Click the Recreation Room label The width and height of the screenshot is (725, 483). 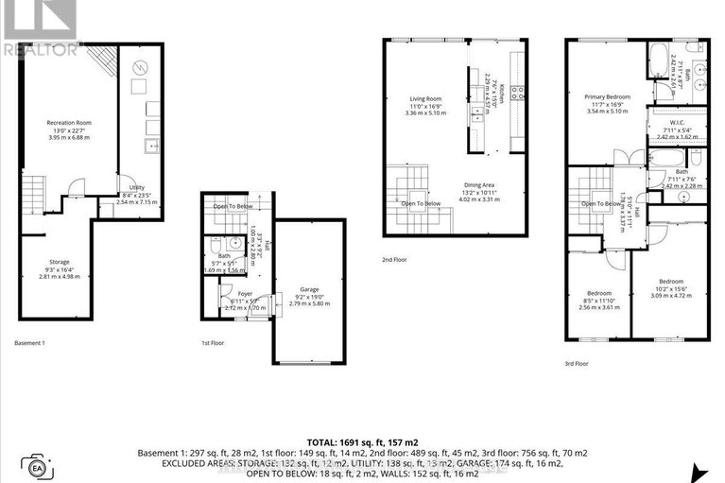point(67,122)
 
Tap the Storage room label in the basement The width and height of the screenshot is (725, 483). point(60,262)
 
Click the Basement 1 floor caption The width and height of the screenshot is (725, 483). point(35,342)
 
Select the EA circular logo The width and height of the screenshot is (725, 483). point(38,467)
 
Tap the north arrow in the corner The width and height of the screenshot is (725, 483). point(700,472)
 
